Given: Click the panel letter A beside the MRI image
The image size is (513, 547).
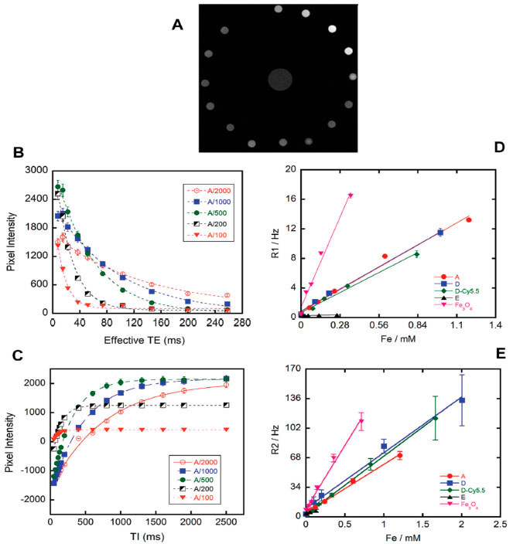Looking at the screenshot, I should point(177,25).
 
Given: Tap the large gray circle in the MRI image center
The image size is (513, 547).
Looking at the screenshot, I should point(280,80).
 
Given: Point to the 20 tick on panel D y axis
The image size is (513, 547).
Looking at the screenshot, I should point(291,169).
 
